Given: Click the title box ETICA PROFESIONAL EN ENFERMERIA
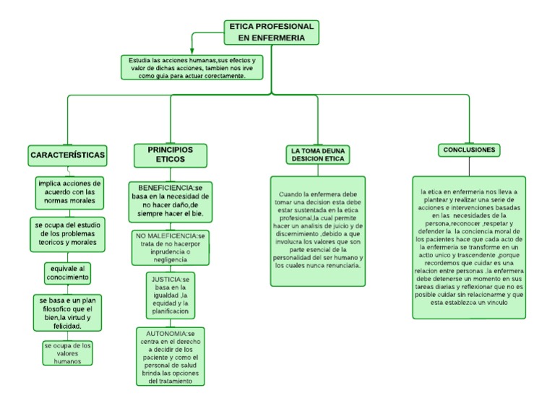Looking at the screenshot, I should coord(271,32).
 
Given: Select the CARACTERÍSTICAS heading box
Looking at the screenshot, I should coord(68,155).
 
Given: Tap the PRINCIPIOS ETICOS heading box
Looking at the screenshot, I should coord(170,155).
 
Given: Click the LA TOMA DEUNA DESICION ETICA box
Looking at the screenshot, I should coord(318,155).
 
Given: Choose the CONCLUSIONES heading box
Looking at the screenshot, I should coord(469,150).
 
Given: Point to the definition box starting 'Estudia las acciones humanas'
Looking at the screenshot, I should coord(192,67).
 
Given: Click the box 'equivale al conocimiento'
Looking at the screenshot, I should coord(66,273).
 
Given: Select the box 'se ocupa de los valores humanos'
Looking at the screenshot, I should coord(67,353).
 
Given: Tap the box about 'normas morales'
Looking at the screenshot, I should coord(69,192).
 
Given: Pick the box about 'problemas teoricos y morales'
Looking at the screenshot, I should coord(69,232).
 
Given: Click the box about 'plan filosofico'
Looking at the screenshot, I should coord(69,313).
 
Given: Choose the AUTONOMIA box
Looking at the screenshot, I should coord(171,356).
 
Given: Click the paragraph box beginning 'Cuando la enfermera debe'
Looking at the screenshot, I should coord(318,230).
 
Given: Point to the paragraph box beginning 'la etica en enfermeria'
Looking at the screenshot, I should coord(469,247).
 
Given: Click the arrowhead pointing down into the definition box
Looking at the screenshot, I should coord(192,51).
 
